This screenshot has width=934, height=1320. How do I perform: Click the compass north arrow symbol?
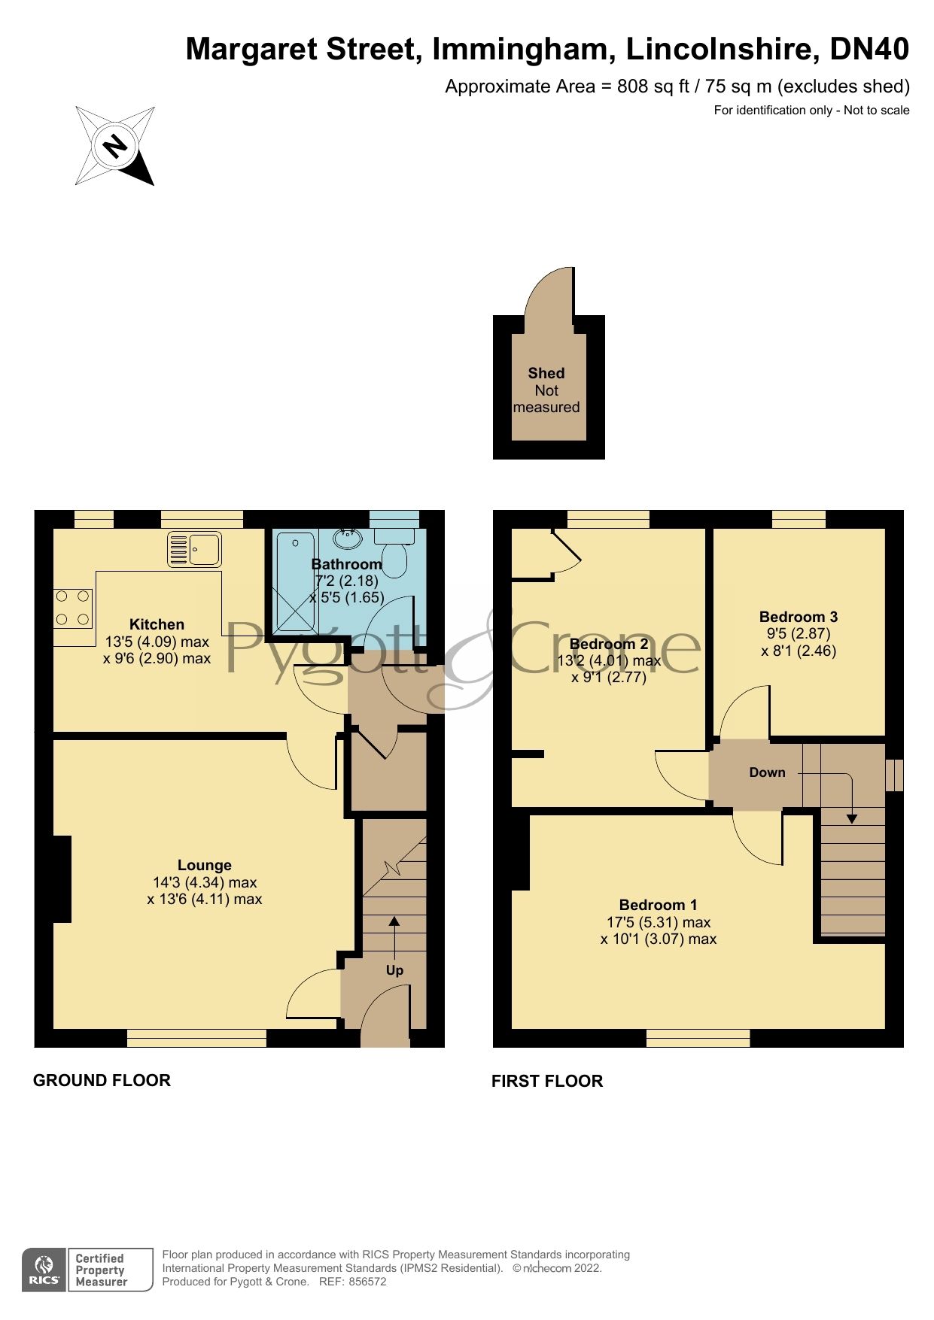pyautogui.click(x=115, y=146)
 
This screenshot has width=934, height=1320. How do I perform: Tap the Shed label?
pyautogui.click(x=546, y=373)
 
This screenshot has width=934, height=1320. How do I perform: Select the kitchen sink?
pyautogui.click(x=194, y=549)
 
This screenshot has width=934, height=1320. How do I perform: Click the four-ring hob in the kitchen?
pyautogui.click(x=73, y=608)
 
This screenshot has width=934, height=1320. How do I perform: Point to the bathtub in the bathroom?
pyautogui.click(x=296, y=581)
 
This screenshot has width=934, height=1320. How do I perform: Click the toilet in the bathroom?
pyautogui.click(x=394, y=550)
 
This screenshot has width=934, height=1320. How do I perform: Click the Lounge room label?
pyautogui.click(x=204, y=865)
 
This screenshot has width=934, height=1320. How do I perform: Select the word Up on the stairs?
pyautogui.click(x=394, y=970)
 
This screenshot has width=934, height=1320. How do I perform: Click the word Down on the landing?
pyautogui.click(x=767, y=772)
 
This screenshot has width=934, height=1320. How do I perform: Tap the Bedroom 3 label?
pyautogui.click(x=798, y=617)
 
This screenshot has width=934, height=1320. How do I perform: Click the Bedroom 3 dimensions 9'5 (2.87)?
pyautogui.click(x=798, y=634)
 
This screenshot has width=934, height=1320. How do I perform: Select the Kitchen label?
pyautogui.click(x=157, y=624)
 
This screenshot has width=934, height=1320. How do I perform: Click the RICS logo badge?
pyautogui.click(x=44, y=1270)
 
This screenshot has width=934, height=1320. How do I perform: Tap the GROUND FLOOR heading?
pyautogui.click(x=102, y=1080)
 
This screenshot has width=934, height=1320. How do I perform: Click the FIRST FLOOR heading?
pyautogui.click(x=546, y=1081)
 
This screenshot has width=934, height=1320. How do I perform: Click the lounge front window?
pyautogui.click(x=196, y=1039)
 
